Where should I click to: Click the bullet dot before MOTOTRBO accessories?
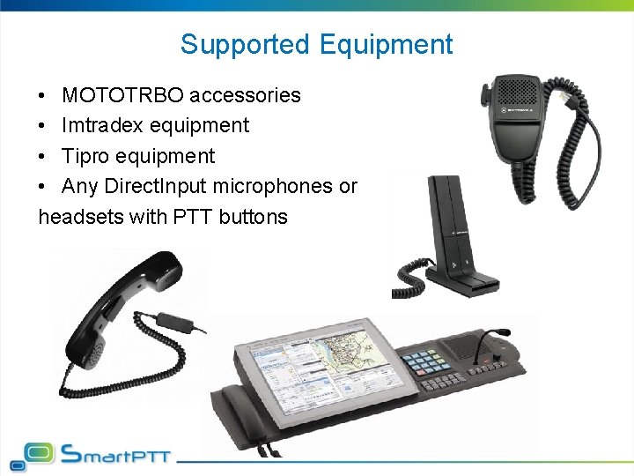[43, 96]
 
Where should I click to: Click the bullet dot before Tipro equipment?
[43, 157]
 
